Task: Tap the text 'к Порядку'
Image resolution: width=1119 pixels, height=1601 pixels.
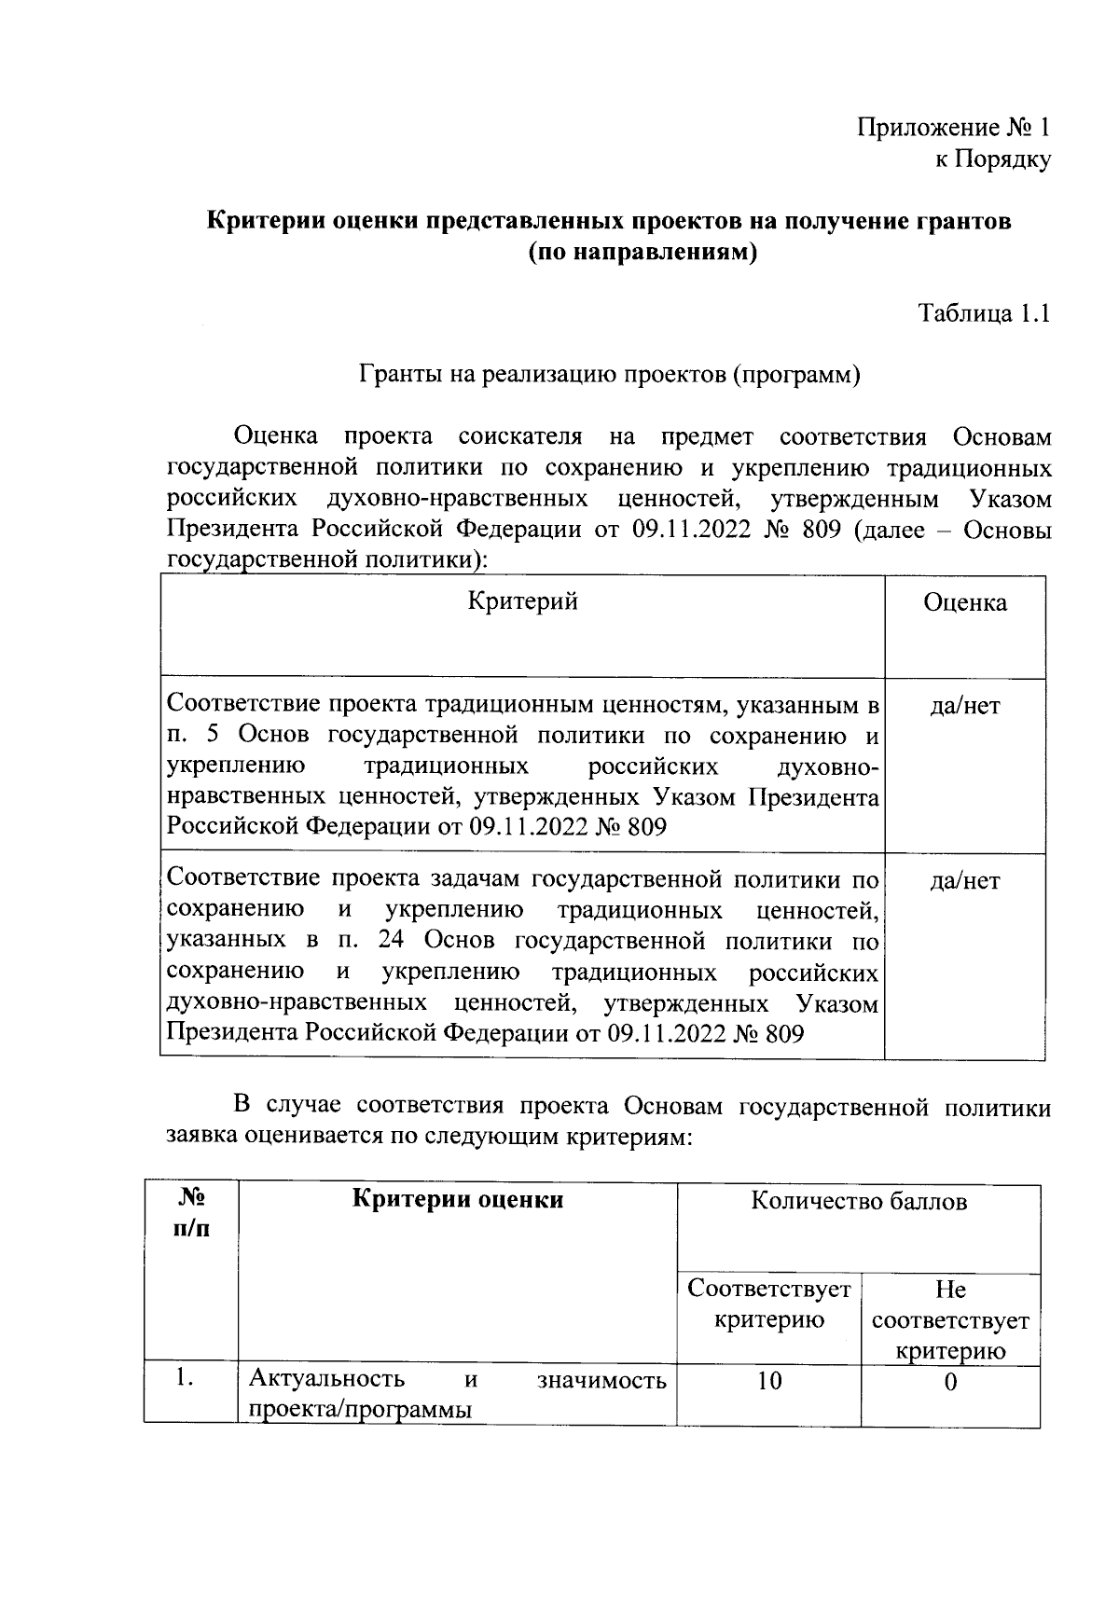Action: [x=992, y=160]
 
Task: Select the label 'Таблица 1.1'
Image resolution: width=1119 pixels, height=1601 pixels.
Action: [x=985, y=313]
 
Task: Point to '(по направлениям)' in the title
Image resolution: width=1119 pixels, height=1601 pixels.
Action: [x=642, y=253]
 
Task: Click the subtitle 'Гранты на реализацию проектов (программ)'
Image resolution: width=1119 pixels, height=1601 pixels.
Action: [x=609, y=375]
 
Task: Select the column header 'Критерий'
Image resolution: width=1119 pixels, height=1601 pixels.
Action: [x=522, y=601]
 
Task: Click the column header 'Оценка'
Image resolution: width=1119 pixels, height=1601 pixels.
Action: [x=964, y=602]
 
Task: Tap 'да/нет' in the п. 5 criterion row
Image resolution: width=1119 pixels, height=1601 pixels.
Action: [x=964, y=706]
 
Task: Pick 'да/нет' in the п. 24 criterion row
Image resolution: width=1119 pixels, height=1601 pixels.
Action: [x=964, y=880]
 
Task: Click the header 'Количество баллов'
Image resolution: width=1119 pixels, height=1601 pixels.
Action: [x=858, y=1202]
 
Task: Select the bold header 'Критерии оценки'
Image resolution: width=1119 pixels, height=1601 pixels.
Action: [x=457, y=1199]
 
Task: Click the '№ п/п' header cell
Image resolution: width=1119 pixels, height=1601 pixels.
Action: [x=191, y=1212]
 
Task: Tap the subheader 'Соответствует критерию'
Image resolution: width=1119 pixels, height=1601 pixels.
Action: [x=768, y=1304]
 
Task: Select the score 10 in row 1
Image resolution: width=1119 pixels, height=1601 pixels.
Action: [x=768, y=1382]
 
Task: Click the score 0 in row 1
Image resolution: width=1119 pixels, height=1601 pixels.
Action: [x=949, y=1383]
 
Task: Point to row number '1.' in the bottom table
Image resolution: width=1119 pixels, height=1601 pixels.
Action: [x=184, y=1379]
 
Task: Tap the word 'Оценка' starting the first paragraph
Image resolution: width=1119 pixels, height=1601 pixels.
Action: [x=275, y=436]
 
